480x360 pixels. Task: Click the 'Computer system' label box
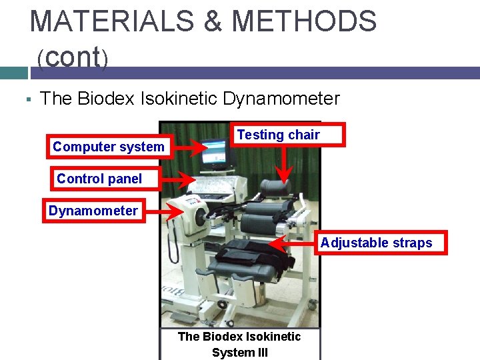point(109,147)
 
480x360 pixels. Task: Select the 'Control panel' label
point(99,179)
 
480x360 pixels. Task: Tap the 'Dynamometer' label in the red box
point(93,211)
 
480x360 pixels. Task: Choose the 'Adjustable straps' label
point(376,243)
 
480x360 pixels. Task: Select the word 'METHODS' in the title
point(304,21)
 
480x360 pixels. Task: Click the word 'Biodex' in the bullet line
point(107,99)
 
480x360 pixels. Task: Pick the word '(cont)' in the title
point(72,58)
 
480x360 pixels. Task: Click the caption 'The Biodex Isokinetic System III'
point(239,345)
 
